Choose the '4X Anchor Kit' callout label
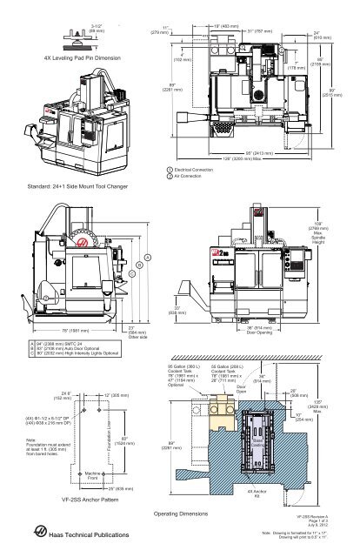pyautogui.click(x=253, y=493)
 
